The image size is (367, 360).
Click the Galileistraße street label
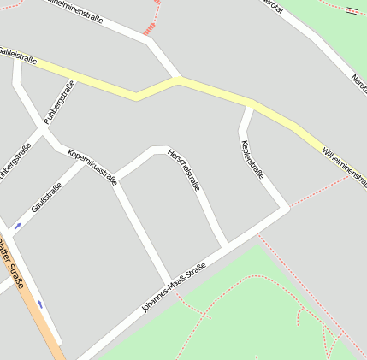(19, 56)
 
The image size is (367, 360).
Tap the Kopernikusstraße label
(92, 164)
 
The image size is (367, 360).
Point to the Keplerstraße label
(253, 160)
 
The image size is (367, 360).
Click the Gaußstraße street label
(46, 198)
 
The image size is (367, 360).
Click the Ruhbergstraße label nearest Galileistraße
(59, 103)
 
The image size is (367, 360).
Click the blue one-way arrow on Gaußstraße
(17, 226)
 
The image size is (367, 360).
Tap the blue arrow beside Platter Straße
(39, 304)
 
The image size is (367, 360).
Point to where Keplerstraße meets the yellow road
(252, 104)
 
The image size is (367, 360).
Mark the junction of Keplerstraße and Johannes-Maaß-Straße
(286, 208)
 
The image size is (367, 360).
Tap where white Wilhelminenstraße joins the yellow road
(178, 79)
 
